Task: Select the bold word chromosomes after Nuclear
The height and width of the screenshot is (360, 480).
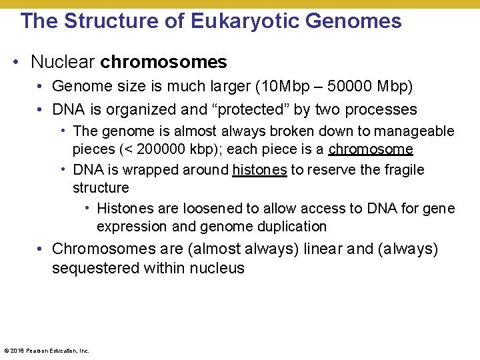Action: tap(163, 63)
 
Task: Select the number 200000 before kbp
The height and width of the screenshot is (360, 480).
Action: tap(151, 149)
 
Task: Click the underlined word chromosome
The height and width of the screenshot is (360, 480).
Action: tap(371, 149)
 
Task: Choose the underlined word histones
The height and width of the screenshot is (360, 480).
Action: tap(259, 170)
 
